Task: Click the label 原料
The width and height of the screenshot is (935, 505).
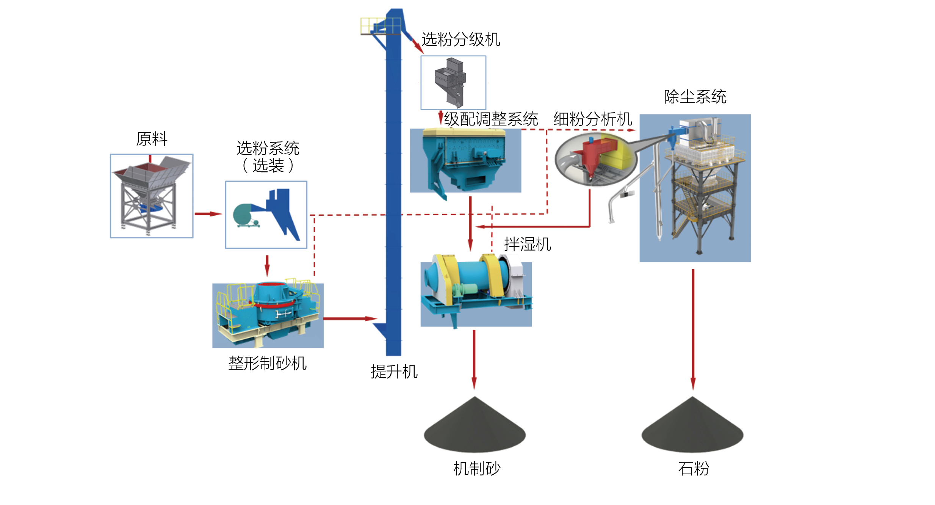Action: point(152,139)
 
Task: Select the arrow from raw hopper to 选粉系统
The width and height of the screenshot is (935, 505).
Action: point(208,214)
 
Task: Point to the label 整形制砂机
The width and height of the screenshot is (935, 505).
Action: point(267,363)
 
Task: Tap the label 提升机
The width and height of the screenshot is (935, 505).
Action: point(394,372)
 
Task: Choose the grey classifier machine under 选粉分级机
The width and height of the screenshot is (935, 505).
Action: point(451,82)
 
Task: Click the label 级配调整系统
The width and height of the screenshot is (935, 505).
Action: point(491,119)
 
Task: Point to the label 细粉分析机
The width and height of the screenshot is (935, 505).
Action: point(593,119)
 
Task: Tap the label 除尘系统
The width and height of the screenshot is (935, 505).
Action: point(695,97)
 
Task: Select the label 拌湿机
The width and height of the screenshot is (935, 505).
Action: point(527,244)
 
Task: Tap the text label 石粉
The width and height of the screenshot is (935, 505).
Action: point(693,469)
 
